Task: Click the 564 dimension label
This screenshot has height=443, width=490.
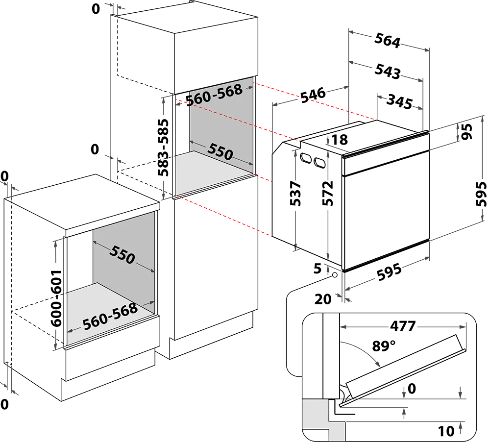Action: (387, 40)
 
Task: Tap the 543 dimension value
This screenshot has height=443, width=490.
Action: (388, 71)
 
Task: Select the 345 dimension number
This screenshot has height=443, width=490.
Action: (399, 101)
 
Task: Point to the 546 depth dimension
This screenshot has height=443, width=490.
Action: (313, 95)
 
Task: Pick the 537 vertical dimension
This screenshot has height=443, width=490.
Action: (295, 193)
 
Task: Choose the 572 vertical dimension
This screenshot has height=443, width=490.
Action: (328, 193)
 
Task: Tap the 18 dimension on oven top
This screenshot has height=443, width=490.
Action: (340, 140)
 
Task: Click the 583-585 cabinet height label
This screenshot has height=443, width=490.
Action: (163, 147)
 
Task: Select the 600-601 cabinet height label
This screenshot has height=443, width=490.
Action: (56, 298)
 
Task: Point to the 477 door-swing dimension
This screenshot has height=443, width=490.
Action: (403, 326)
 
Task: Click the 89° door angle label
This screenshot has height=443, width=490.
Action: (384, 346)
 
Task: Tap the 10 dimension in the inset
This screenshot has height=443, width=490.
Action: (446, 431)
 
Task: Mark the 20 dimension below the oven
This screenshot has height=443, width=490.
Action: (323, 299)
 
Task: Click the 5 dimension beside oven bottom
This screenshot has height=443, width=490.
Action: (318, 268)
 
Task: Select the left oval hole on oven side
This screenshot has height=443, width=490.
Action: (306, 158)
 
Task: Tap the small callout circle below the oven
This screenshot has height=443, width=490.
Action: (335, 275)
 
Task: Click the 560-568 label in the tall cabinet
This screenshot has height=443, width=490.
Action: (215, 95)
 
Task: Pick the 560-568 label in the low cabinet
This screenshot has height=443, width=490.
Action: (110, 317)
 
